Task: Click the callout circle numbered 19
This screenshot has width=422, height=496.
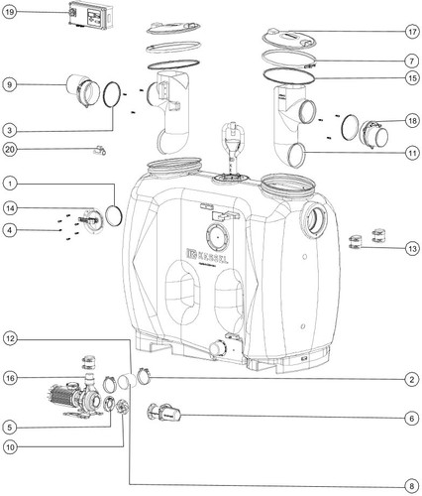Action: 10,13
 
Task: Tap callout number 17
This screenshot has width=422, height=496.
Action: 412,32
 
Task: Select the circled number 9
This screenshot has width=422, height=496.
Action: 10,84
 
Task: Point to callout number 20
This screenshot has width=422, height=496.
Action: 10,150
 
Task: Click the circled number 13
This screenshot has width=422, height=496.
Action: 412,249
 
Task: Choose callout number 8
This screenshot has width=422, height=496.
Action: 412,486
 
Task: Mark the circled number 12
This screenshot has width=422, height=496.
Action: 10,339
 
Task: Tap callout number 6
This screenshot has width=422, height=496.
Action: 412,419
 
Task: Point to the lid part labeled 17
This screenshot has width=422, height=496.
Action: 290,39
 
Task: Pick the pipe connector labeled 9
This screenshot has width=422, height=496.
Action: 83,90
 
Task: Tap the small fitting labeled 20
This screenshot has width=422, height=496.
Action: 99,150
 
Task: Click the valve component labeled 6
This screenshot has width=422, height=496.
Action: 163,413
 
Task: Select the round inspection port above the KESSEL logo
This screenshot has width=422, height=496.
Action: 217,237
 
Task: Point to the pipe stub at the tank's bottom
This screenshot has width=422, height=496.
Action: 217,349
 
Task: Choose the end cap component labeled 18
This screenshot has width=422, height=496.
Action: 373,134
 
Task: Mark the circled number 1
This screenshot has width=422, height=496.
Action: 10,184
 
